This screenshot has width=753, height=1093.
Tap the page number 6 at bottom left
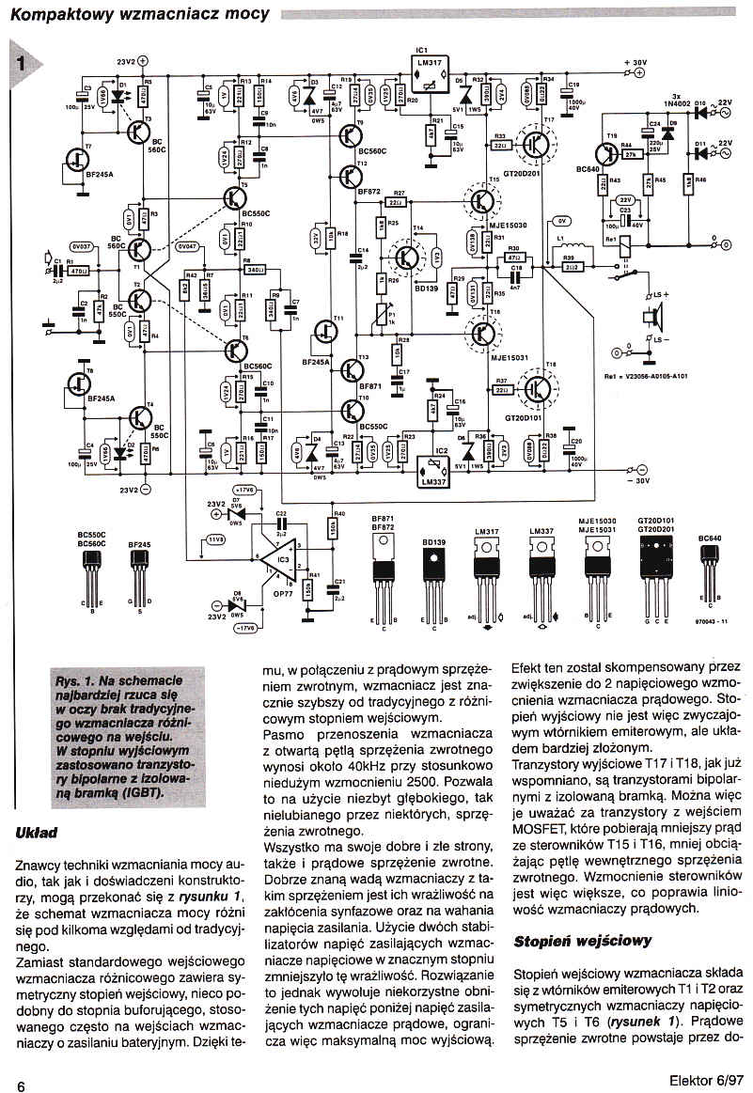pos(20,1083)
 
